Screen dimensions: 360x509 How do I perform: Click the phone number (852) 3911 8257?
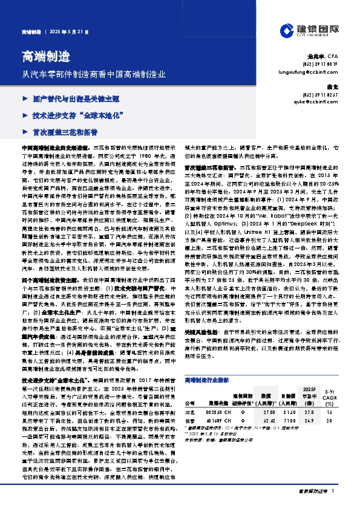[320, 94]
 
